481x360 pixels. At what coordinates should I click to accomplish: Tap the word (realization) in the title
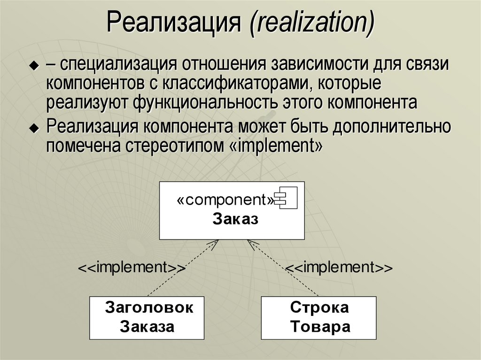click(x=312, y=25)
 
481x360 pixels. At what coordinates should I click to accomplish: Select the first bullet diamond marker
click(x=33, y=67)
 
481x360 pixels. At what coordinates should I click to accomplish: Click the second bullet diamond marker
click(x=33, y=128)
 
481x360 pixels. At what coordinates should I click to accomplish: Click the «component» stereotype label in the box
click(x=225, y=200)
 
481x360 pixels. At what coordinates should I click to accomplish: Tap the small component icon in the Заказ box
click(x=287, y=200)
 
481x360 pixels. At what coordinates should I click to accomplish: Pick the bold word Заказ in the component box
click(x=235, y=219)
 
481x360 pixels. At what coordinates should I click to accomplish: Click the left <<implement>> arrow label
click(x=132, y=268)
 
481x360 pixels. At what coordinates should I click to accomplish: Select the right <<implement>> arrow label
click(x=339, y=268)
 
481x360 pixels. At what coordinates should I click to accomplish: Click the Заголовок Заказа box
click(x=147, y=317)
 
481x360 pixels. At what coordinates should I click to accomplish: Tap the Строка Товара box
click(x=319, y=317)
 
